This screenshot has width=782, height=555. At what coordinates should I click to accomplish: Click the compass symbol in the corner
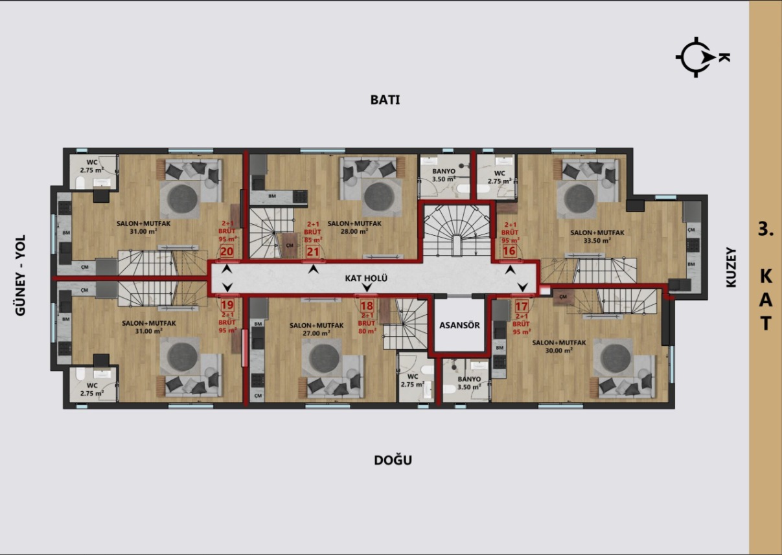click(x=697, y=57)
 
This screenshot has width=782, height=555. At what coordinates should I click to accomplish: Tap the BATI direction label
click(x=385, y=100)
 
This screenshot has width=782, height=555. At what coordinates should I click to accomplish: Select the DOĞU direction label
click(x=393, y=460)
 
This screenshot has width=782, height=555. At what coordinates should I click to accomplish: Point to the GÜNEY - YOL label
click(x=20, y=275)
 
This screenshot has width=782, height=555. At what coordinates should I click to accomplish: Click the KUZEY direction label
click(x=731, y=267)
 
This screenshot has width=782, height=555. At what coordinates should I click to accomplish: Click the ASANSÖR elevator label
click(x=459, y=325)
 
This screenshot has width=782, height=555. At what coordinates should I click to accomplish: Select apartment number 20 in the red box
click(x=227, y=251)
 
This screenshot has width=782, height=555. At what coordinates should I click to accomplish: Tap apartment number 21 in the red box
click(x=313, y=252)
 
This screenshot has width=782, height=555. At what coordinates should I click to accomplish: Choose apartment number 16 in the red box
click(x=509, y=251)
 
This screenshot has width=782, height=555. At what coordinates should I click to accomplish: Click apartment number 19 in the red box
click(x=227, y=305)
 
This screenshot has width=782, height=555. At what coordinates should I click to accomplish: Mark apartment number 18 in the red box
click(x=367, y=306)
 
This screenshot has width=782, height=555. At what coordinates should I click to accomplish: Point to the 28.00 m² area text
click(x=354, y=231)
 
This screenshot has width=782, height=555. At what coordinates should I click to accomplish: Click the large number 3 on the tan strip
click(x=765, y=229)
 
